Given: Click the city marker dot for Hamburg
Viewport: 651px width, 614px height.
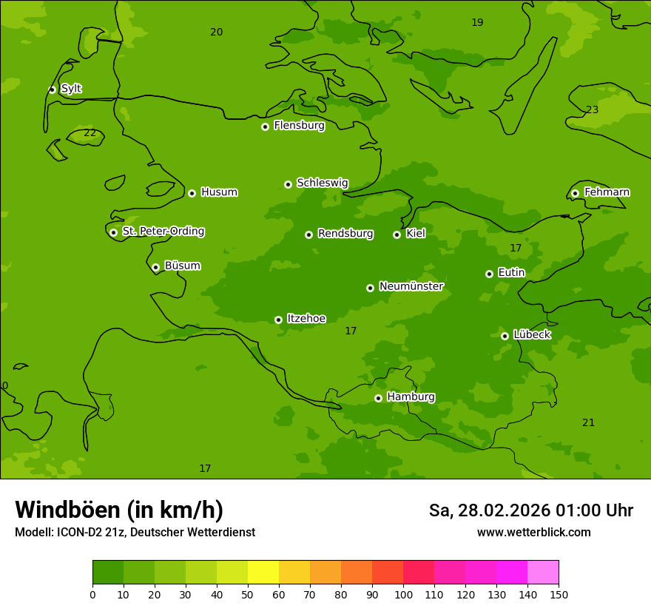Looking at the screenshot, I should point(378,398).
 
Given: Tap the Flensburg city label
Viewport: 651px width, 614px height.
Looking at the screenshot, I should point(299,126).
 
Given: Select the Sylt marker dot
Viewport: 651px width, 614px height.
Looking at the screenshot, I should point(52,90).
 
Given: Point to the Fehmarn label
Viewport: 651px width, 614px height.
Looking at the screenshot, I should point(607,192).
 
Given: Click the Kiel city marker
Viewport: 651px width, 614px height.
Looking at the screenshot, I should point(397,235).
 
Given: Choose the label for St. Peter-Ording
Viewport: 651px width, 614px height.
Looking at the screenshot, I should point(163,232).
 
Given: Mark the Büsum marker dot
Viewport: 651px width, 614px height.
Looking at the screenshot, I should point(155,267).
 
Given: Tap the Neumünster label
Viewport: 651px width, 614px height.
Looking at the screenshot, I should point(411,286).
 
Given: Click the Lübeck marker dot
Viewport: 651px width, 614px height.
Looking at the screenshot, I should point(505,336).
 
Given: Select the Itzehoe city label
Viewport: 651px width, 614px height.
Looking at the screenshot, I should point(306,319).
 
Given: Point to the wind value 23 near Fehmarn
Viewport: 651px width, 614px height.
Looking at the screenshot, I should point(592,110).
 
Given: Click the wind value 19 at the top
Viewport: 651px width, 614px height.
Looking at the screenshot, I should point(477,23).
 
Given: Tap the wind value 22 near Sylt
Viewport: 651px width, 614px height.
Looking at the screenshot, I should point(90,133).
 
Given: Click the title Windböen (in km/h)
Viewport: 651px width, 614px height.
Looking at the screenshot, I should point(119,510).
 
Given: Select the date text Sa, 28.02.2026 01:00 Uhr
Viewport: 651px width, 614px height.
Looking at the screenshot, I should point(530,510).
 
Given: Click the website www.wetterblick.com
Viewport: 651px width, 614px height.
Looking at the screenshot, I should point(533,533).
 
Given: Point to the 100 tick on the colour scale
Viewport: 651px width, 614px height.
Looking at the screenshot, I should point(403,594).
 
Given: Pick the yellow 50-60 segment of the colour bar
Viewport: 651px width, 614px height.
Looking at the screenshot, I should point(263,573).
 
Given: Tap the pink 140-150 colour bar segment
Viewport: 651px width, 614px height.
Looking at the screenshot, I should point(543,573).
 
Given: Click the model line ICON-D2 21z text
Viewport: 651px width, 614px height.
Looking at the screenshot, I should point(135,533).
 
